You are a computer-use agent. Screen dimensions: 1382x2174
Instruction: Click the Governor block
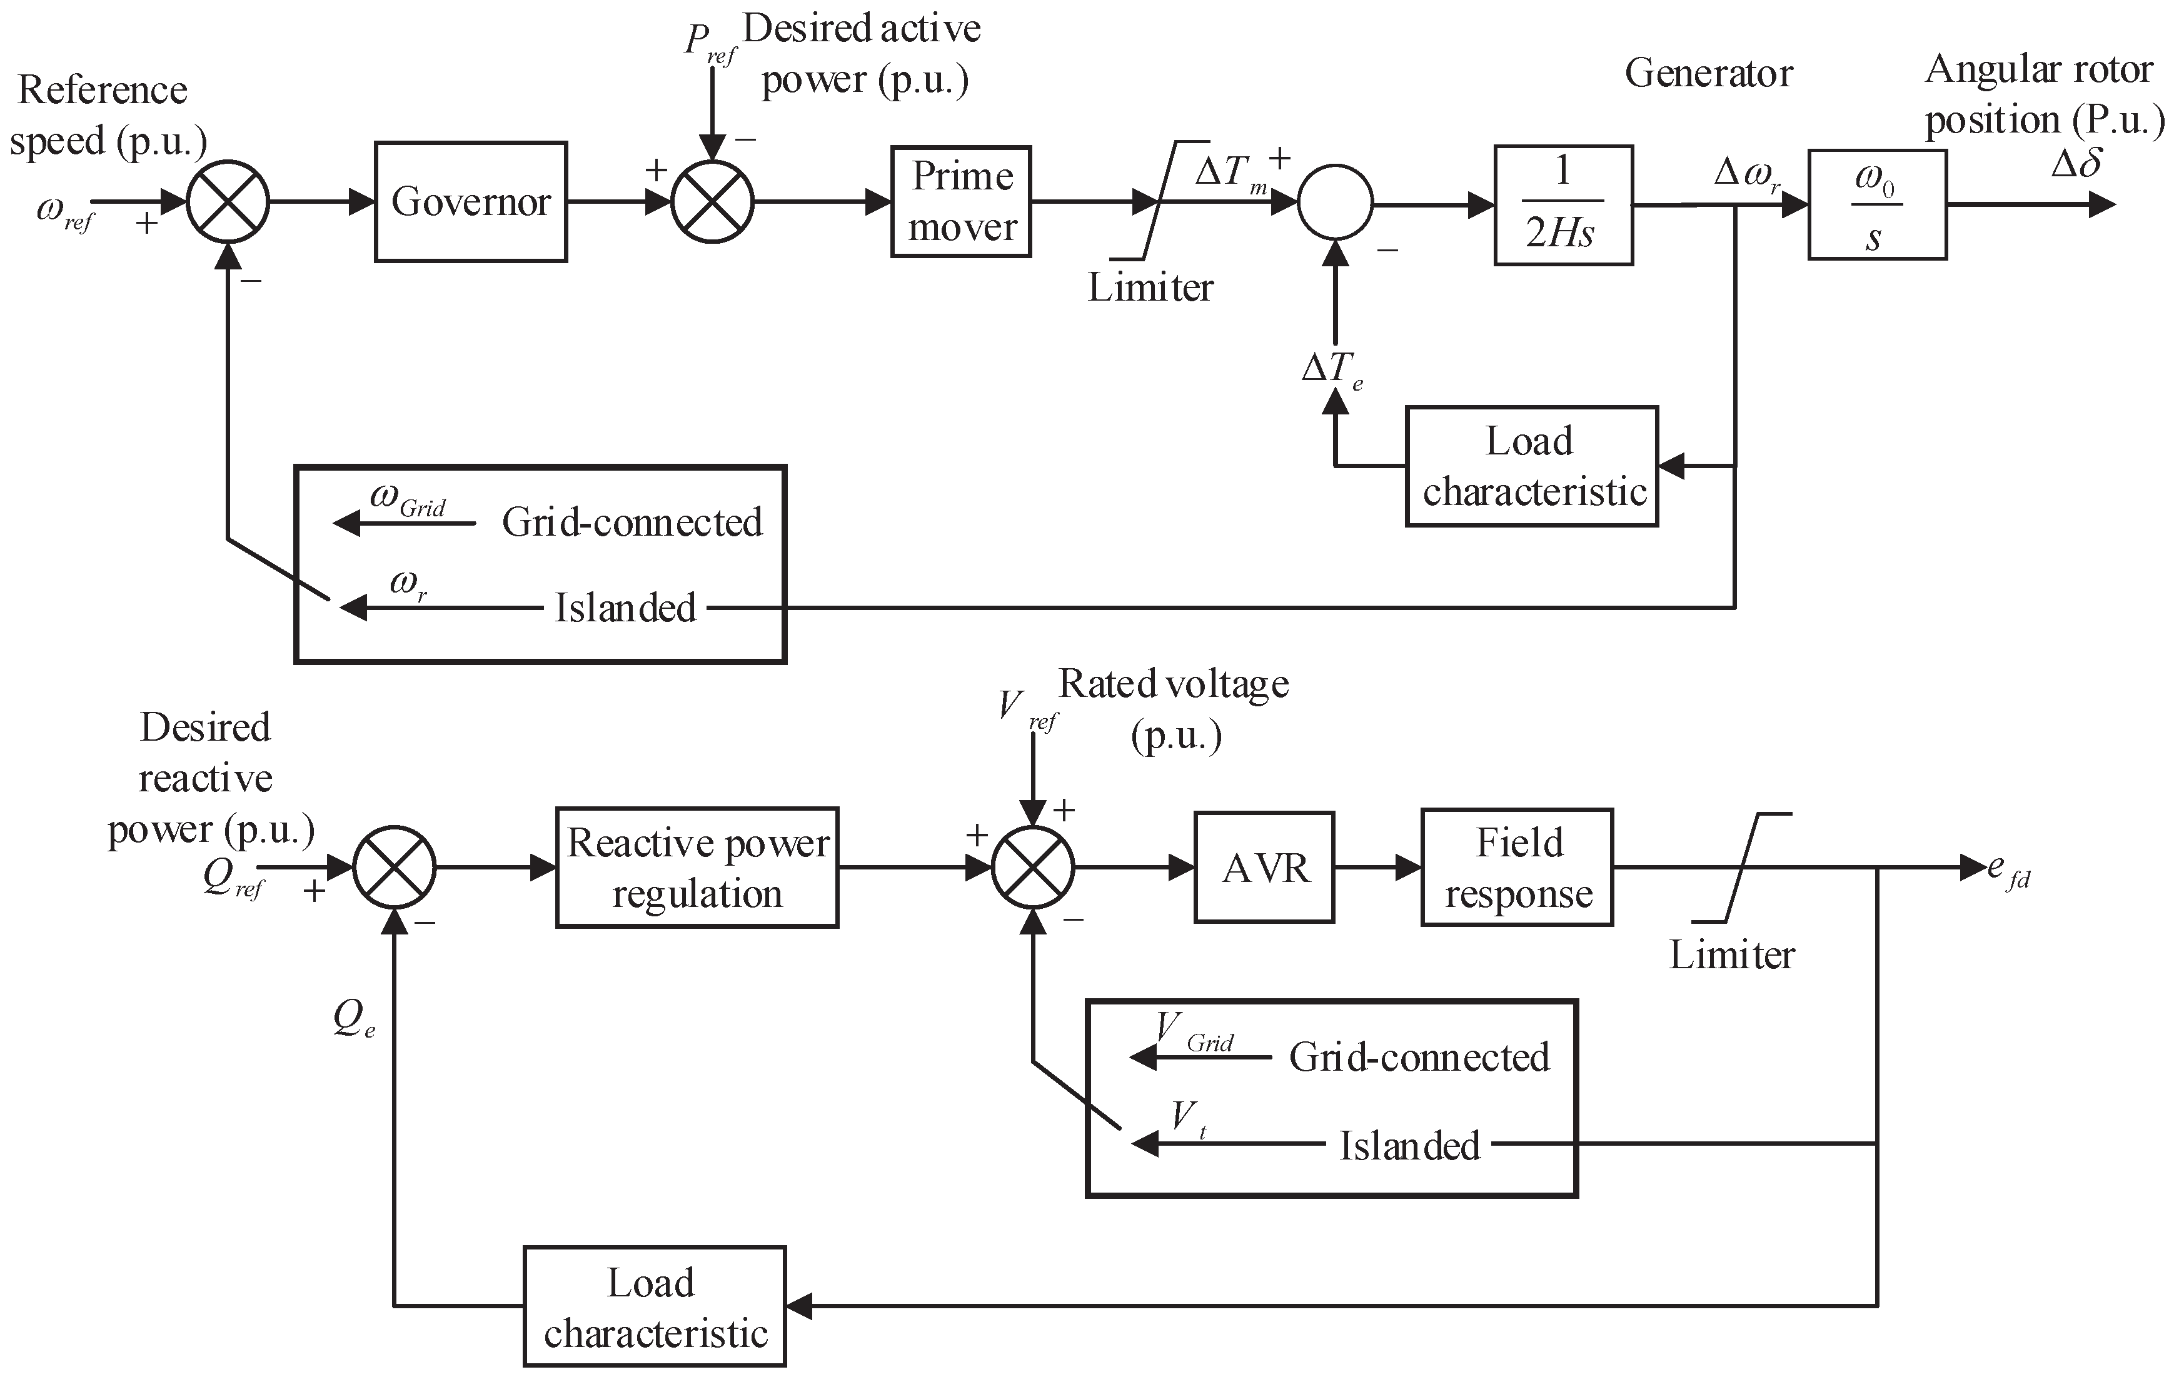pyautogui.click(x=470, y=202)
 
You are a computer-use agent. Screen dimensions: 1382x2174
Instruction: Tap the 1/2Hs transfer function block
pyautogui.click(x=1563, y=205)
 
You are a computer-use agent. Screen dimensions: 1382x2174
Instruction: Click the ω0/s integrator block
pyautogui.click(x=1876, y=205)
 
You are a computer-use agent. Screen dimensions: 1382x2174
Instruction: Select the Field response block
pyautogui.click(x=1517, y=868)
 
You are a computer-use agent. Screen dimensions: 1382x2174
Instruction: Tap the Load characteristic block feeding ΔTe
pyautogui.click(x=1531, y=467)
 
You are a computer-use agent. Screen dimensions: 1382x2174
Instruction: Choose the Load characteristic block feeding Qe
pyautogui.click(x=655, y=1306)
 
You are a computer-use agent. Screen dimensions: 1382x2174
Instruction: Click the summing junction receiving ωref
pyautogui.click(x=228, y=202)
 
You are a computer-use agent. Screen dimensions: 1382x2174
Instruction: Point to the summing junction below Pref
pyautogui.click(x=712, y=202)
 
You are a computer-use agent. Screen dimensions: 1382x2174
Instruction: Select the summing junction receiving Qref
pyautogui.click(x=395, y=868)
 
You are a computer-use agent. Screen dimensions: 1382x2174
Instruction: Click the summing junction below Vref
pyautogui.click(x=1033, y=868)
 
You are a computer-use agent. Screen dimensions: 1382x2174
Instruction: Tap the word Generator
pyautogui.click(x=1708, y=74)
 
